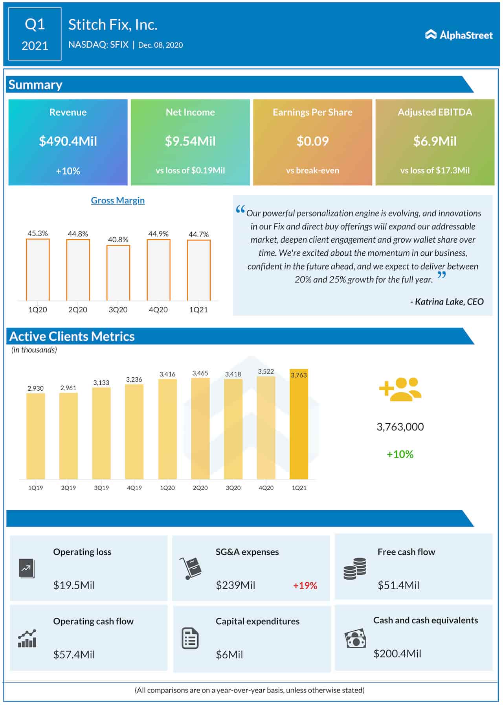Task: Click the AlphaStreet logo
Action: pyautogui.click(x=459, y=35)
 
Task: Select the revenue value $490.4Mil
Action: pyautogui.click(x=68, y=141)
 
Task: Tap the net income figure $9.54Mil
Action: pyautogui.click(x=190, y=141)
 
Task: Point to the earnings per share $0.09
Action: pyautogui.click(x=312, y=141)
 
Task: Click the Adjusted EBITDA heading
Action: pyautogui.click(x=435, y=112)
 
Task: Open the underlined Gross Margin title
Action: pyautogui.click(x=118, y=200)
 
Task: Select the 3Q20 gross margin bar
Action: pyautogui.click(x=118, y=273)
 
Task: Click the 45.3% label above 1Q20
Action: pyautogui.click(x=38, y=233)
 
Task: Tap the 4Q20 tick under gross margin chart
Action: pyautogui.click(x=158, y=310)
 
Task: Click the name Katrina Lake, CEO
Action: pyautogui.click(x=447, y=302)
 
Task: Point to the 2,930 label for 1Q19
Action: pyautogui.click(x=35, y=388)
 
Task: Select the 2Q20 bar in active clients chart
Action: pyautogui.click(x=200, y=429)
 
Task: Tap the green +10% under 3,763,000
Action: pyautogui.click(x=400, y=454)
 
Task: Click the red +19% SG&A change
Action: pyautogui.click(x=305, y=585)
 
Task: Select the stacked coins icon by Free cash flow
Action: pyautogui.click(x=354, y=568)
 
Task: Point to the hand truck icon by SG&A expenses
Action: pyautogui.click(x=190, y=568)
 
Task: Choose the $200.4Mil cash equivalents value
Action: pyautogui.click(x=397, y=653)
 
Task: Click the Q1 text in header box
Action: pyautogui.click(x=35, y=24)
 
